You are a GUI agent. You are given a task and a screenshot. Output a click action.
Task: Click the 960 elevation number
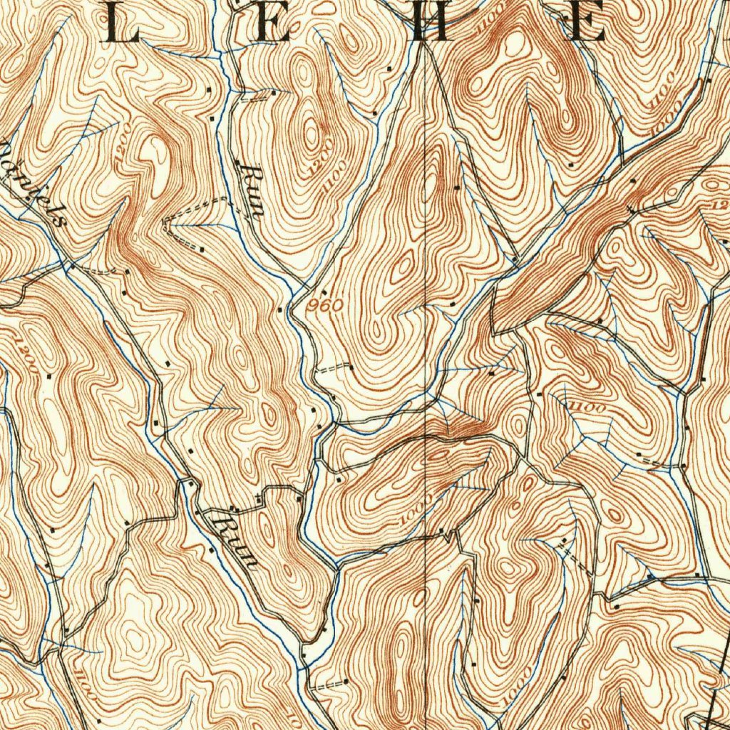[x=327, y=305]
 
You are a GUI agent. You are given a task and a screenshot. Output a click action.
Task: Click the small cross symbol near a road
[x=257, y=496]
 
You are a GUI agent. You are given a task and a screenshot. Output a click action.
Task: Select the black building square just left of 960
[x=289, y=309]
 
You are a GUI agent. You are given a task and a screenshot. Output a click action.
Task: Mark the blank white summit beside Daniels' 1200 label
[x=151, y=150]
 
